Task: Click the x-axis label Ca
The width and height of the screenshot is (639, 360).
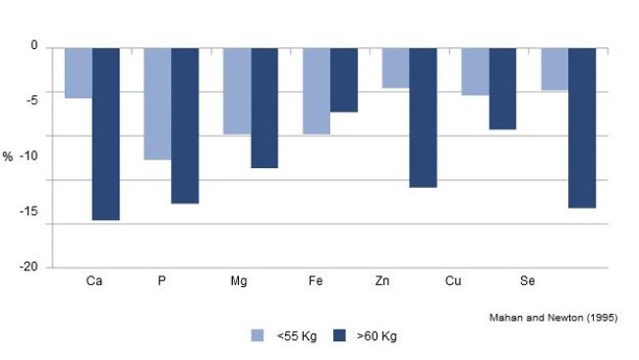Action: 94,282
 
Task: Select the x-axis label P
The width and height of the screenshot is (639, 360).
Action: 161,282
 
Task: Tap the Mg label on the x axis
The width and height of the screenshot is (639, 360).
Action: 238,282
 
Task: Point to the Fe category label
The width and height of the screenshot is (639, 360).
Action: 316,282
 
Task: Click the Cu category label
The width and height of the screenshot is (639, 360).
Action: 453,282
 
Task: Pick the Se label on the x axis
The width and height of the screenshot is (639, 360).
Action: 527,282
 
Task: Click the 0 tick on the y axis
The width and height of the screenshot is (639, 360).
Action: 33,46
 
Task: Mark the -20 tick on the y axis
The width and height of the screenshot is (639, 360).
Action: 29,267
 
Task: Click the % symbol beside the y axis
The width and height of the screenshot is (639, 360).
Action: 8,157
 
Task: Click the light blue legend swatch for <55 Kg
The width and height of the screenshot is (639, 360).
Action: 259,335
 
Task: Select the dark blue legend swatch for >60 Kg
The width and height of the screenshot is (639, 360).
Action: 340,335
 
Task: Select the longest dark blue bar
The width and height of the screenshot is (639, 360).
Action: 106,133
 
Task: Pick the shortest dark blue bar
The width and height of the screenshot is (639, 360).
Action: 343,79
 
